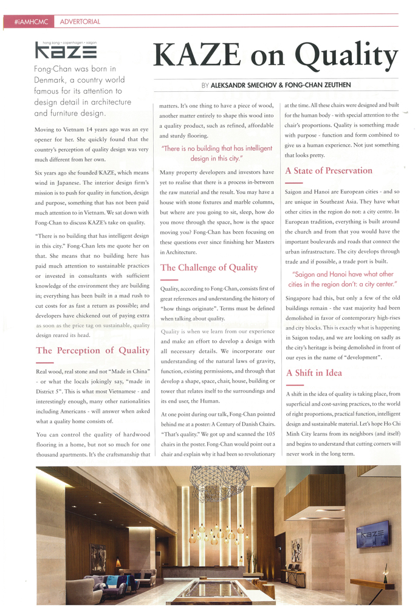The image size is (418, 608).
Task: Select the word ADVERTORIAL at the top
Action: [x=80, y=22]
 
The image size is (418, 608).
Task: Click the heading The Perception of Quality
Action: [x=92, y=350]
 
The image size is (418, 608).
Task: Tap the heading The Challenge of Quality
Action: [x=208, y=268]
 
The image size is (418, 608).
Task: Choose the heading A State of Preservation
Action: [x=328, y=170]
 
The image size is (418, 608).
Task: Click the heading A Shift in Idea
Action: [x=313, y=373]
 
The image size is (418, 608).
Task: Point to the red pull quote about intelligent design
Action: [x=216, y=153]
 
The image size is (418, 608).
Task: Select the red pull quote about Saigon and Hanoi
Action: [x=343, y=279]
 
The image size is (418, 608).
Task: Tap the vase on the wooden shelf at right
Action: [x=386, y=569]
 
